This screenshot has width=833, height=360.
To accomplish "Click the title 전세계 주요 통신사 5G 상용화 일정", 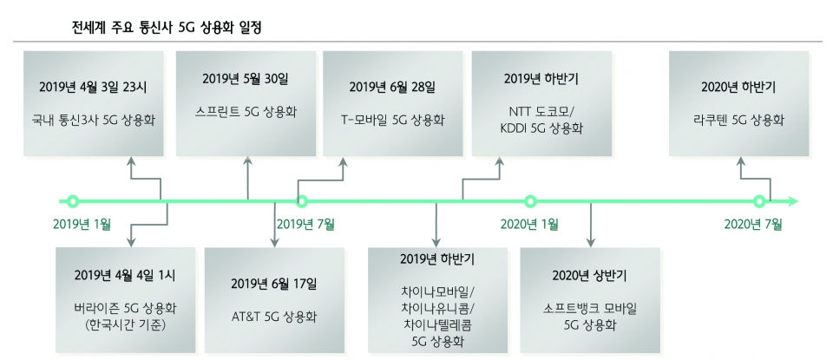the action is (167, 27).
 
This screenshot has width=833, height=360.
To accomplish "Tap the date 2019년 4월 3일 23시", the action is (93, 87).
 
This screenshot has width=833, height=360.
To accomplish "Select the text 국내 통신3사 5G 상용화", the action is (93, 120).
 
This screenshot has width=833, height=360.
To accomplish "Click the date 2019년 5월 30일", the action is (245, 79).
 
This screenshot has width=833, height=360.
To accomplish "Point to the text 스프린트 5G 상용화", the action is (245, 112).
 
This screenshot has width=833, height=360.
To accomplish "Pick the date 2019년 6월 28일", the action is (392, 87).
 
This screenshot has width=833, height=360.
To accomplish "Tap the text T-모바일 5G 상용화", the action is (392, 120).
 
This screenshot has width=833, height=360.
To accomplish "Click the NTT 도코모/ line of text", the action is (541, 112).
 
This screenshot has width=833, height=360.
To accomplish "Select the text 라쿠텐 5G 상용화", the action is (738, 120).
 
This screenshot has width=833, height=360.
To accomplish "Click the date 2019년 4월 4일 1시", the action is (125, 275).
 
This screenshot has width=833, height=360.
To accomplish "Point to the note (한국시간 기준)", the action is (125, 324).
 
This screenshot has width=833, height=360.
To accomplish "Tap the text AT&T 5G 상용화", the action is (274, 317).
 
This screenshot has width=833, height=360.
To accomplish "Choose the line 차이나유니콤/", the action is (438, 309).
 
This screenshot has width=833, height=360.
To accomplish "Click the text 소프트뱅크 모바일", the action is (590, 309).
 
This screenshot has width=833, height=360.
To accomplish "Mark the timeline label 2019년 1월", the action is (82, 225).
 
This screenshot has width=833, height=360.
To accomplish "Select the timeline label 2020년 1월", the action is (529, 225).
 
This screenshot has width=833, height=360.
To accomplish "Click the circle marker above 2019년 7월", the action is (302, 202).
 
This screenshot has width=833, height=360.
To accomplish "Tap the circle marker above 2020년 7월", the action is (760, 202).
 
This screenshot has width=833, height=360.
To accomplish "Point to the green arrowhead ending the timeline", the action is (792, 202).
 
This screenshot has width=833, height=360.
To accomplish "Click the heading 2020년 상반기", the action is (590, 276).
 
